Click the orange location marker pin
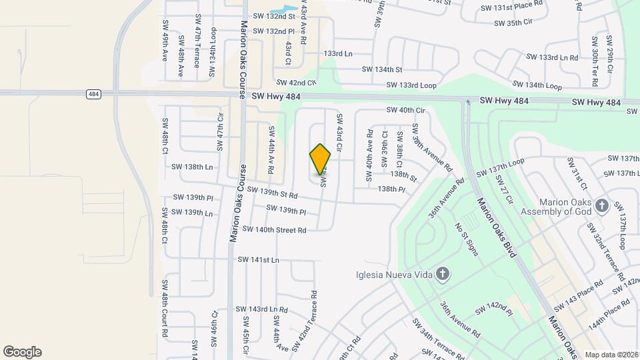coord(321,159)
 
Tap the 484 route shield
coord(94,95)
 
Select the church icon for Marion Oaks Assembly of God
coord(602,205)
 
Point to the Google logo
coord(22,352)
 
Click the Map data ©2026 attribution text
coord(611,355)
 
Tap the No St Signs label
coord(466,239)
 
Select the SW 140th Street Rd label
coord(274,230)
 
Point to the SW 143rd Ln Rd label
coord(262,310)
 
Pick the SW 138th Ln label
coord(192,167)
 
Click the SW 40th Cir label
coord(405,110)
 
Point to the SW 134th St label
coord(382,69)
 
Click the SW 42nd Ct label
coord(295,83)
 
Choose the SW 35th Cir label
coord(513,23)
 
